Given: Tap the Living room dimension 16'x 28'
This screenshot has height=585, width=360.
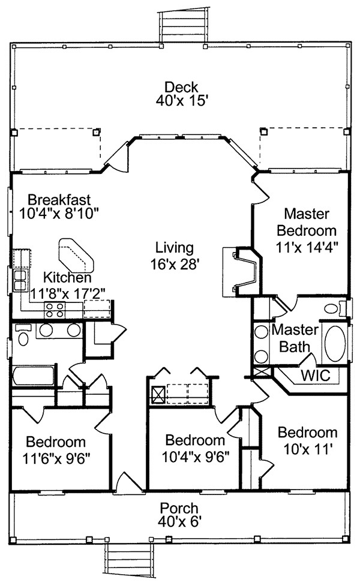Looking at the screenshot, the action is pyautogui.click(x=175, y=265).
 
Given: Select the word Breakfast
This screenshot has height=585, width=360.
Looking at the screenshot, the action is pyautogui.click(x=59, y=200).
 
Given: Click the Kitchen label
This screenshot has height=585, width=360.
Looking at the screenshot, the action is pyautogui.click(x=67, y=278).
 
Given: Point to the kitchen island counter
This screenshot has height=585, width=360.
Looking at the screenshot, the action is pyautogui.click(x=76, y=256).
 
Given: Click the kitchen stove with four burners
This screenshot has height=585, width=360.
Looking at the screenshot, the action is pyautogui.click(x=55, y=310).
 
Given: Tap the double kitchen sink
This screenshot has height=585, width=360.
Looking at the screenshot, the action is pyautogui.click(x=20, y=281).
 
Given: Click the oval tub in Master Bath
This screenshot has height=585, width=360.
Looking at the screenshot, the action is pyautogui.click(x=335, y=344).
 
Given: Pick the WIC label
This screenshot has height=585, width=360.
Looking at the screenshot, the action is pyautogui.click(x=316, y=376).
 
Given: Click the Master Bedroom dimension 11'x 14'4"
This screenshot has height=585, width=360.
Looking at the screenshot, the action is pyautogui.click(x=307, y=247).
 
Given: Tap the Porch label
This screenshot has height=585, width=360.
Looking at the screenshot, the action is pyautogui.click(x=179, y=508).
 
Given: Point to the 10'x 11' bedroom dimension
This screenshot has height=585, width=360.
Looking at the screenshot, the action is pyautogui.click(x=307, y=449).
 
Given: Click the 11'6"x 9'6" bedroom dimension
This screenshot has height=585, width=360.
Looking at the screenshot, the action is pyautogui.click(x=57, y=458).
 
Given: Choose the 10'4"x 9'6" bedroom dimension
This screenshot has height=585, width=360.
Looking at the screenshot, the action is pyautogui.click(x=196, y=457).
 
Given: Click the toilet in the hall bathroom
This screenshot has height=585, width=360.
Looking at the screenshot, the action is pyautogui.click(x=23, y=335).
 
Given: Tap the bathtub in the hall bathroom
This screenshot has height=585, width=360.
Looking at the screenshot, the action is pyautogui.click(x=34, y=376).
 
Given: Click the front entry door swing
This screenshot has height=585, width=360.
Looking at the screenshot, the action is pyautogui.click(x=129, y=482).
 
